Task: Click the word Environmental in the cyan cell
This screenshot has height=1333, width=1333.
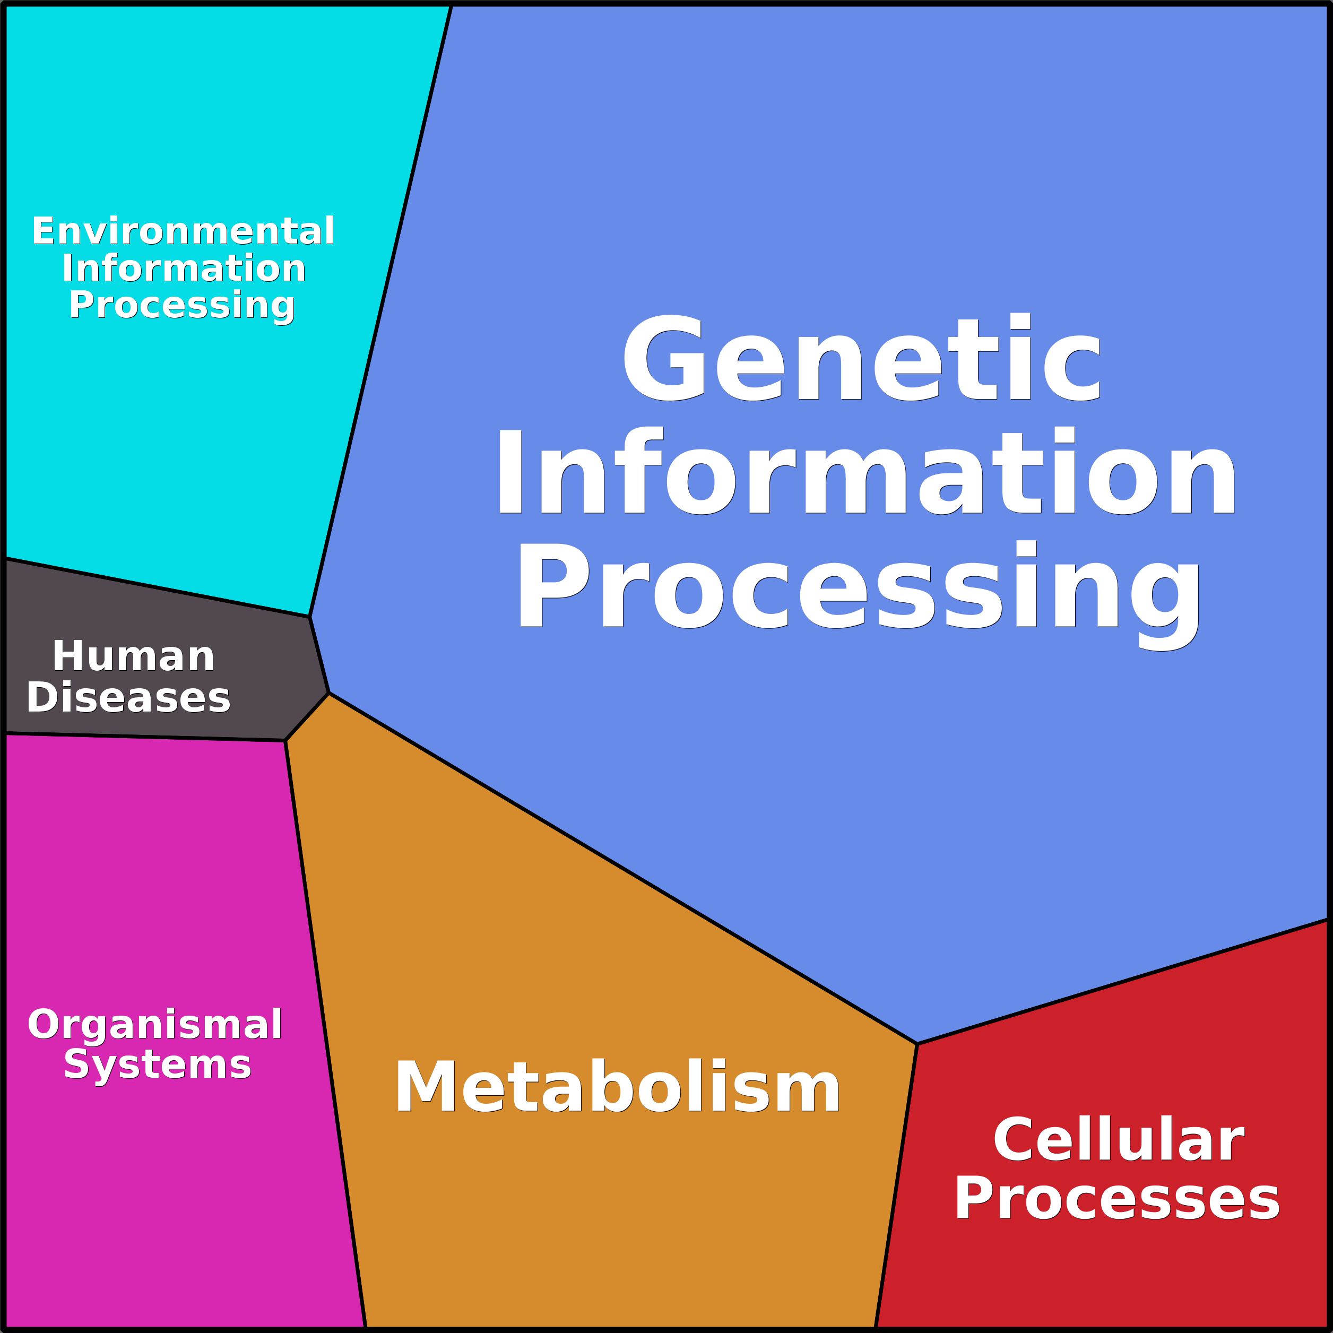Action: (183, 231)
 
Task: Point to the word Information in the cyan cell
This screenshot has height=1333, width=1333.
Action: (184, 269)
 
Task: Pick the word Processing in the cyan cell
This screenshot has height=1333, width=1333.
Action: (181, 305)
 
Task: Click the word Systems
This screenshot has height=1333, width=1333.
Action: (157, 1064)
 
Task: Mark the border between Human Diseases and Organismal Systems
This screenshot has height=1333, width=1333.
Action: (145, 738)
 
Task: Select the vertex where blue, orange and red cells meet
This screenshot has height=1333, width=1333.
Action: (917, 1044)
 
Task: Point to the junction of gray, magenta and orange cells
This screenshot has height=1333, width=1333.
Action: (285, 741)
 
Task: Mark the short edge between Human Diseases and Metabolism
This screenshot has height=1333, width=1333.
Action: (307, 717)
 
